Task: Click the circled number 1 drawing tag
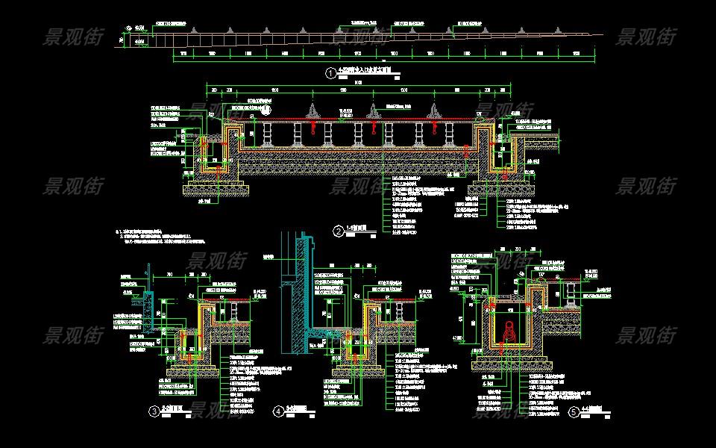330,73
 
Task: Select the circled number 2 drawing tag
338,231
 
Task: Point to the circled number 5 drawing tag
573,411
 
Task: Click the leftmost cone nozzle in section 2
312,112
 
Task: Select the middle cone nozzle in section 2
372,112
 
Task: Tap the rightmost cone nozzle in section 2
433,112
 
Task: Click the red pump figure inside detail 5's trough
509,331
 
